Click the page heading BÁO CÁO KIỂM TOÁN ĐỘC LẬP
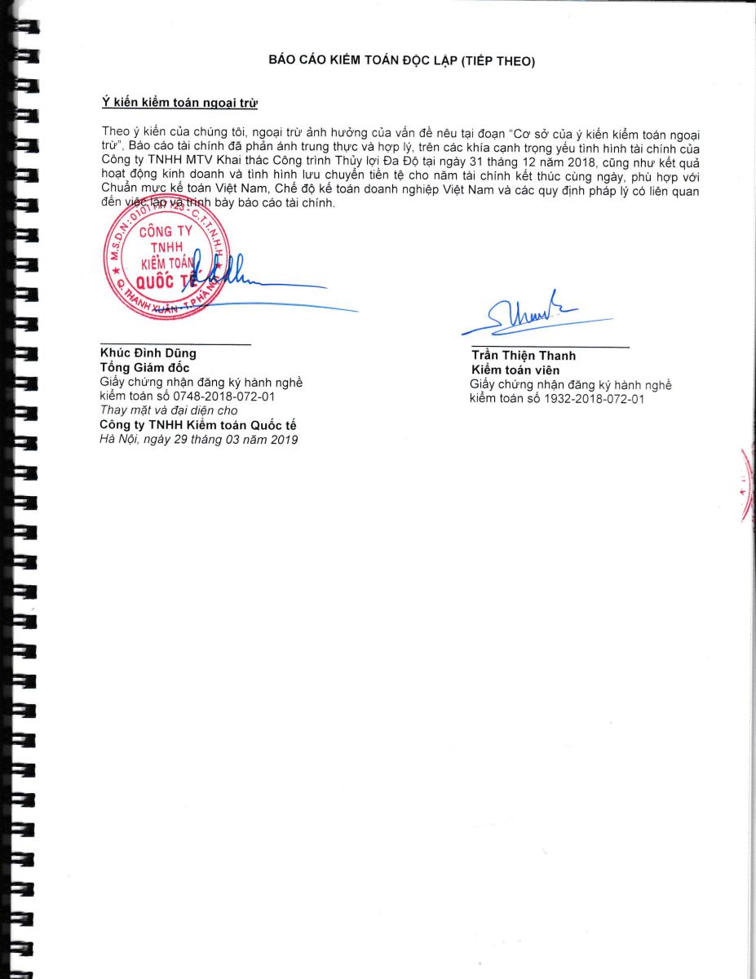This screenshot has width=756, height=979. click(401, 61)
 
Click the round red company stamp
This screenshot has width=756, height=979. click(165, 266)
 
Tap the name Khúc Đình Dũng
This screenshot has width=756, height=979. click(148, 353)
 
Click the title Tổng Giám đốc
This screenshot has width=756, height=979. click(144, 367)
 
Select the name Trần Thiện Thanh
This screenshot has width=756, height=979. click(523, 355)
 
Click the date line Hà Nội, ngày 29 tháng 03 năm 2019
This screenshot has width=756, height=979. click(198, 440)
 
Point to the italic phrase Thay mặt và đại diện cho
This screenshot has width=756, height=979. click(168, 410)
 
